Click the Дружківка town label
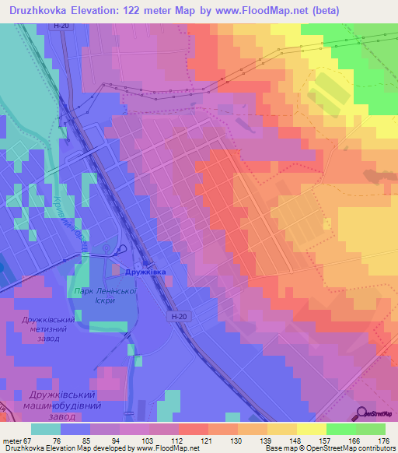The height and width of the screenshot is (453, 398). [x=145, y=272]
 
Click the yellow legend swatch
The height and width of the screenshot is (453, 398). [x=311, y=429]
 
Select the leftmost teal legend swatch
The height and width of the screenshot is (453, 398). [x=47, y=429]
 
